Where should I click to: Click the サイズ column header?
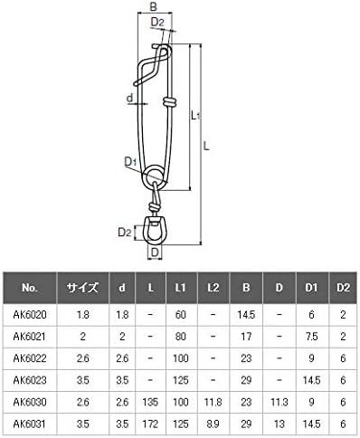pos(82,288)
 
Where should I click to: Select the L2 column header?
pos(213,288)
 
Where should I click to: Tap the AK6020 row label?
pos(30,315)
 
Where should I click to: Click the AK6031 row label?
pos(30,424)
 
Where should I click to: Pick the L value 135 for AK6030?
pos(150,402)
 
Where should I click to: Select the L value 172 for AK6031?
pos(150,424)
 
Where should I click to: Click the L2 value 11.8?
pos(213,402)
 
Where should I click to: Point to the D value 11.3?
pos(279,402)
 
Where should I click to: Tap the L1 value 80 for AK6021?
pos(181,337)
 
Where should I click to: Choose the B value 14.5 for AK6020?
pos(246,315)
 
